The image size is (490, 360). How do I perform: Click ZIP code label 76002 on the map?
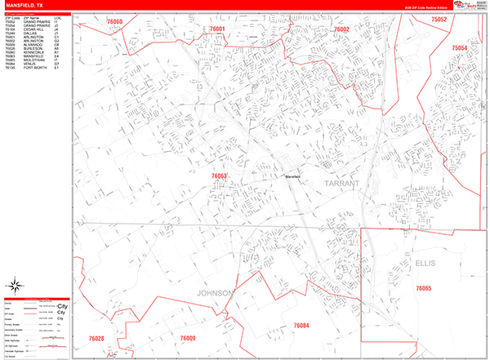point(341,29)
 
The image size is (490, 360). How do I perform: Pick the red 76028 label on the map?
point(96,338)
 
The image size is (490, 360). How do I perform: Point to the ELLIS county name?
point(425,263)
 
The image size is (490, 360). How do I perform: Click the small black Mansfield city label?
point(293,176)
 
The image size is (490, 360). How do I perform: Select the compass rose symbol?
point(16,286)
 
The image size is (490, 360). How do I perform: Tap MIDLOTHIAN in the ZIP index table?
point(36,60)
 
